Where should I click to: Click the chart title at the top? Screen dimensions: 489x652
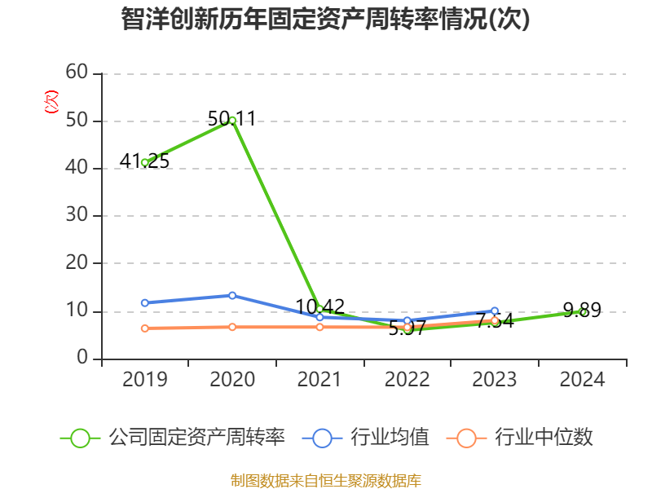[x=325, y=20]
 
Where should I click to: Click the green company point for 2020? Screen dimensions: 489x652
[x=232, y=120]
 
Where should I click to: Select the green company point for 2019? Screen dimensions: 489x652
[x=144, y=162]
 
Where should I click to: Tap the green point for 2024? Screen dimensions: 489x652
[x=582, y=311]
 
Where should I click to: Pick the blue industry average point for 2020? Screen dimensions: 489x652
[x=232, y=295]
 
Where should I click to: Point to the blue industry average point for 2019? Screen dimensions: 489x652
[x=144, y=302]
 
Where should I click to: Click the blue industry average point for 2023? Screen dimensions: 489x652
[x=495, y=311]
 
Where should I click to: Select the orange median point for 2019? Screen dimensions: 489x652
[x=144, y=328]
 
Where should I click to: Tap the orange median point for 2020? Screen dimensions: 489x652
[x=232, y=327]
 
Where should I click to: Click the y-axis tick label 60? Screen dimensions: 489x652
[x=77, y=73]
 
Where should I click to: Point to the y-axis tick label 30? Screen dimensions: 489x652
[x=77, y=215]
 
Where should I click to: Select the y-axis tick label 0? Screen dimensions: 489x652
[x=82, y=358]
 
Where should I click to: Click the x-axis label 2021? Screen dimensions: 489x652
[x=319, y=379]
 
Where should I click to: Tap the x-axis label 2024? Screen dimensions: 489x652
[x=582, y=379]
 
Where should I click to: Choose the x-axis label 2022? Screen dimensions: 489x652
[x=407, y=379]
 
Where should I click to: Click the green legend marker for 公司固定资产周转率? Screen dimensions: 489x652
[x=80, y=438]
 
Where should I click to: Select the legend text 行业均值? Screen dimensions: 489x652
[x=390, y=438]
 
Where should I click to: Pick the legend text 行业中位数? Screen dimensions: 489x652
[x=544, y=438]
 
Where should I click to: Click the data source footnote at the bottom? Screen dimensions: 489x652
[x=325, y=480]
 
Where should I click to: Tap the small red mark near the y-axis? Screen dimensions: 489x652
[x=51, y=103]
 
